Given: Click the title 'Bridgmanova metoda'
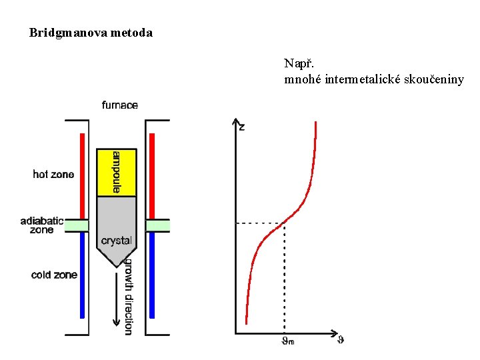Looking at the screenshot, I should (91, 32).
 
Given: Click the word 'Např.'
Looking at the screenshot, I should (296, 64).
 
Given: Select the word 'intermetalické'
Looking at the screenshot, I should (357, 80).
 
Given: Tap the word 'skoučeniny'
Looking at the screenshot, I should (431, 80).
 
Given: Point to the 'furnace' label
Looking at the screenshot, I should (120, 105).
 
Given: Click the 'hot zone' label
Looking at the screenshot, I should (53, 175).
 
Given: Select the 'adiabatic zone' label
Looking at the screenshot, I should (41, 225).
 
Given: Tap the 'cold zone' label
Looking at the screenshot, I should (54, 275).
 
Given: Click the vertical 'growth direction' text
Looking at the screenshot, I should (129, 296).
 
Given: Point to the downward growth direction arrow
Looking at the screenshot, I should (117, 293).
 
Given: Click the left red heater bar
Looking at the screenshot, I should (82, 176).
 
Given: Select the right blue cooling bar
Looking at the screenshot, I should (152, 274).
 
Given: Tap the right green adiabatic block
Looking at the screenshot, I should (157, 225).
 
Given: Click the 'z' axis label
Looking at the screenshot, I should (241, 127).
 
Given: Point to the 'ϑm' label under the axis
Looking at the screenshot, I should (287, 342).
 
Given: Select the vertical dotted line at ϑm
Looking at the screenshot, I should (285, 280).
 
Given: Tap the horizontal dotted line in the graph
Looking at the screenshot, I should (260, 223).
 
